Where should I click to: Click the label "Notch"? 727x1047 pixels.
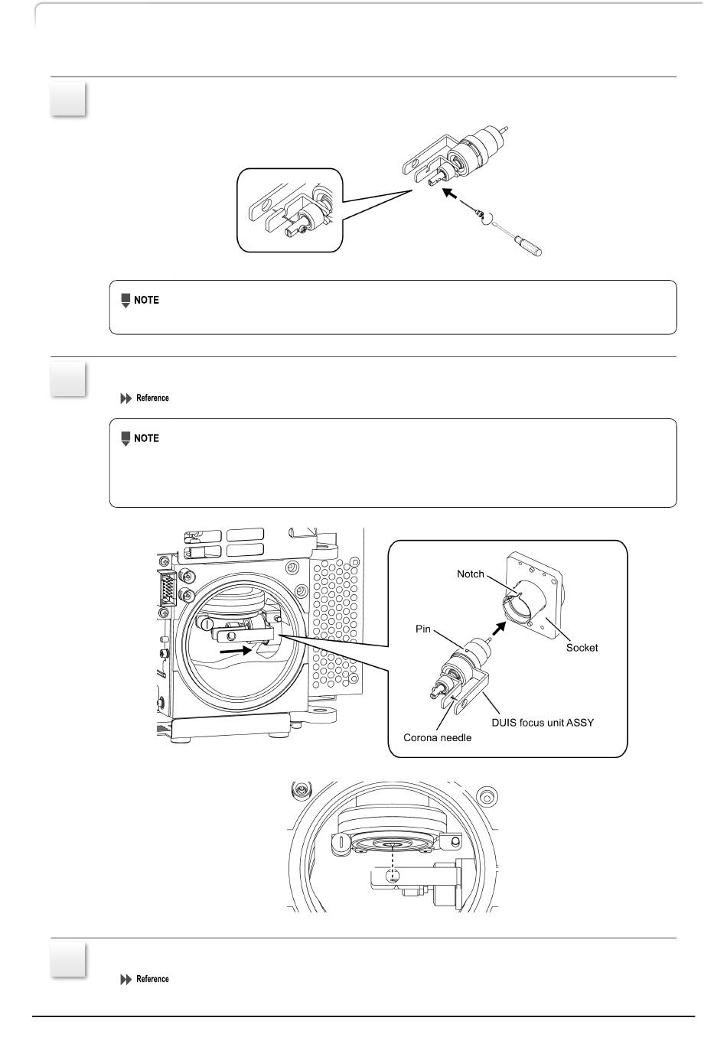pyautogui.click(x=471, y=574)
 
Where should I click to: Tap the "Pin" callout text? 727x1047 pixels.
pyautogui.click(x=423, y=629)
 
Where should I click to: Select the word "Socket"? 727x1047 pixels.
pyautogui.click(x=582, y=648)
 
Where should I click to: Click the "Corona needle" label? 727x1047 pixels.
pyautogui.click(x=436, y=738)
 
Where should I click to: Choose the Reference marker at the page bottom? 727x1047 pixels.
pyautogui.click(x=145, y=979)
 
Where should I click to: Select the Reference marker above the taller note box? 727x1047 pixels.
pyautogui.click(x=145, y=398)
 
